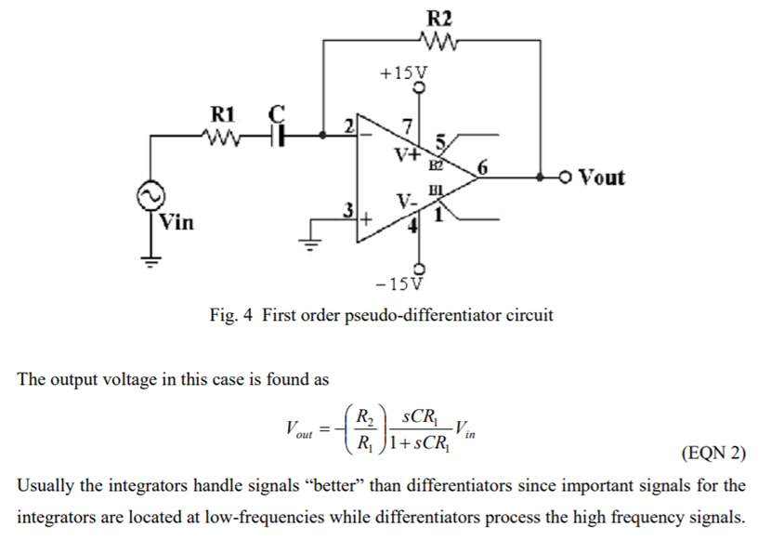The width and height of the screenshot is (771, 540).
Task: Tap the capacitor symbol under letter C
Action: (276, 136)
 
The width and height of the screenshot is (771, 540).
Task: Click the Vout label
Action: (601, 177)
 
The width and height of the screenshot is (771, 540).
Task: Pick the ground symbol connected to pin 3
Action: (307, 244)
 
